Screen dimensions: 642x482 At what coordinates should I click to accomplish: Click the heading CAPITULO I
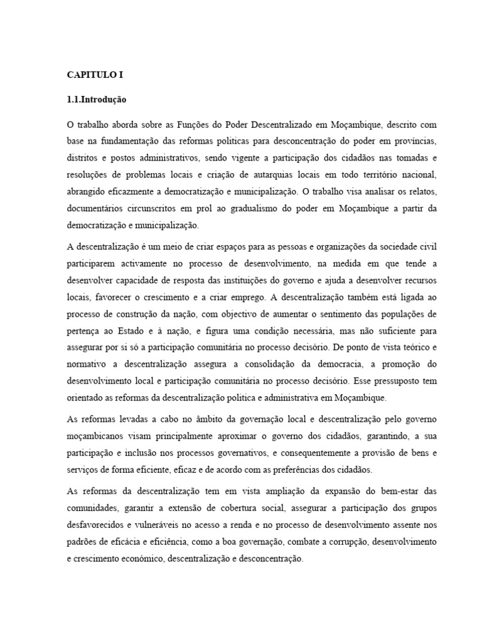click(95, 74)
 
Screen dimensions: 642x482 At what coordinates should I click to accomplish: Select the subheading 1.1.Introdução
click(97, 99)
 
